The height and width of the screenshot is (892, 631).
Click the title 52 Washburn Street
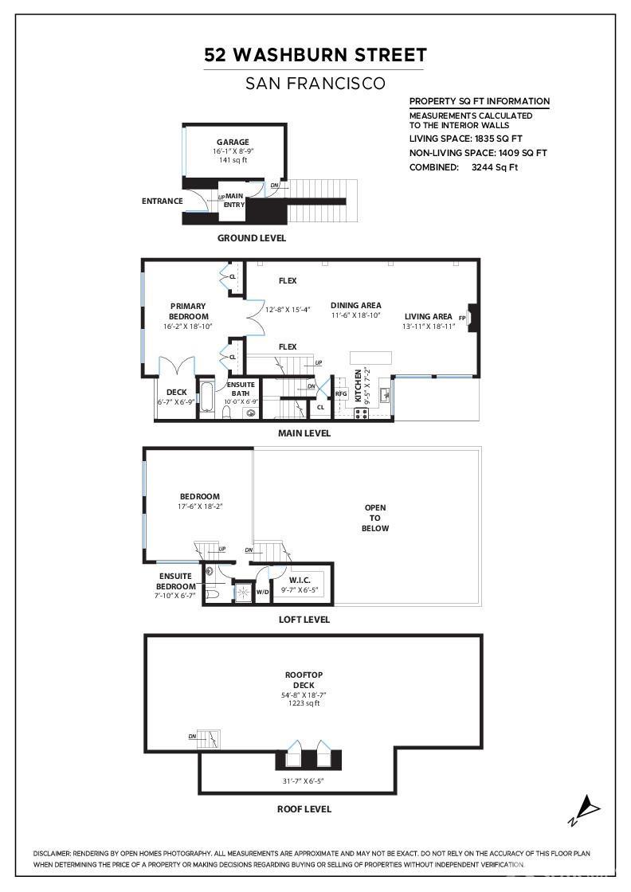point(315,55)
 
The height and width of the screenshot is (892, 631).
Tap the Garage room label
point(233,143)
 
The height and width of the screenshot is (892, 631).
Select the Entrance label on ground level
point(163,201)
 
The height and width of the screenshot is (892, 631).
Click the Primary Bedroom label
point(188,311)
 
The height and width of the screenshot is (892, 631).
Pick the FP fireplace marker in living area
point(462,318)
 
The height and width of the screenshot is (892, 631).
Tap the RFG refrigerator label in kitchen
point(341,393)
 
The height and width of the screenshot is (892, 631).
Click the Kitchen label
point(358,385)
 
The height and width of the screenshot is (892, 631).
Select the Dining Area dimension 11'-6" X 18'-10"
point(355,315)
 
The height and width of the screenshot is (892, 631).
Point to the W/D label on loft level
point(262,592)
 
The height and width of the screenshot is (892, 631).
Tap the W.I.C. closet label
point(300,581)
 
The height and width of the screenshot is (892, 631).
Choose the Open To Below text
point(375,518)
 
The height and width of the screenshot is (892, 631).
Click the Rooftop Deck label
point(304,680)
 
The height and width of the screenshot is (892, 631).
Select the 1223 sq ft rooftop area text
point(304,704)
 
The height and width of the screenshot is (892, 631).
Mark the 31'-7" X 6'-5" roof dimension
point(304,781)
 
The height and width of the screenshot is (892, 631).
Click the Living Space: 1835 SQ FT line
point(465,139)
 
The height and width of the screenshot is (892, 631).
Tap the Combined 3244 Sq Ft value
point(495,167)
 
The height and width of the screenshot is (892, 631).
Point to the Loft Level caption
point(304,620)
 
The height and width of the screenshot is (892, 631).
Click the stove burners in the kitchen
point(361,413)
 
